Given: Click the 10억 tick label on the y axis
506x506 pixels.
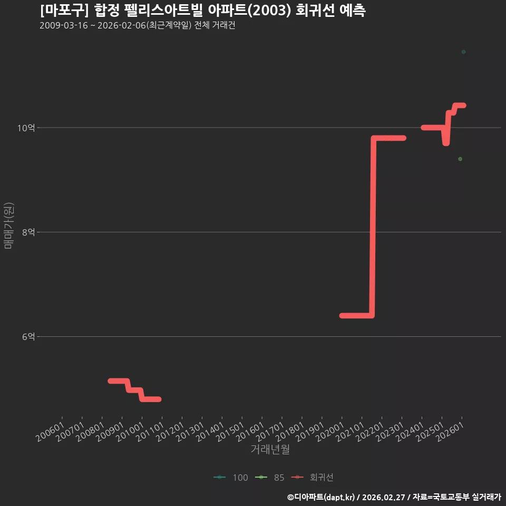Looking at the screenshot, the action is point(26,128).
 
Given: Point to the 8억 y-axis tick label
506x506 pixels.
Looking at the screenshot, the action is point(28,232).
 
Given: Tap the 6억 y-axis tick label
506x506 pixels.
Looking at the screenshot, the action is point(28,337).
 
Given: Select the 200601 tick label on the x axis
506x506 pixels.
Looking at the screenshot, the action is point(51,432).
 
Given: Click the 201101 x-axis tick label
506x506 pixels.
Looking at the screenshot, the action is point(150,432).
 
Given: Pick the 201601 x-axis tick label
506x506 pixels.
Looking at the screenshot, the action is point(250,432).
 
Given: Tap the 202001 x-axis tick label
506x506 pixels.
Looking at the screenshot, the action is point(330,432).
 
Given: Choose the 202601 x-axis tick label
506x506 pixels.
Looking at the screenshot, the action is point(450,432).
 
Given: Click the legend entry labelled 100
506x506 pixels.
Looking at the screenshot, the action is point(231,478).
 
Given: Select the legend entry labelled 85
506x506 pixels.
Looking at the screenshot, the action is point(269,478).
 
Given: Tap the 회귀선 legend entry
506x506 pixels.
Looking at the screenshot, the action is point(312,478).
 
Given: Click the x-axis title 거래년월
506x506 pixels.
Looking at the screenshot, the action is point(270,449).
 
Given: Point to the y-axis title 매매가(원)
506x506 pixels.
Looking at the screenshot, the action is point(9,226).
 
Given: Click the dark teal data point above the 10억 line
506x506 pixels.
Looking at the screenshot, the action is point(463,52).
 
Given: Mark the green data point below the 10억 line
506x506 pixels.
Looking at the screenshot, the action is point(460,159).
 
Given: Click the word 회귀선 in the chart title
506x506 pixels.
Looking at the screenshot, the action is point(315,11).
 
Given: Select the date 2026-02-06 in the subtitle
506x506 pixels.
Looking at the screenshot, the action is point(122,25).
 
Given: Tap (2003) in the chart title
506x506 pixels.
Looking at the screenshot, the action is point(269,11).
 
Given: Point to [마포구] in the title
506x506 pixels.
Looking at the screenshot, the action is point(64,11).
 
